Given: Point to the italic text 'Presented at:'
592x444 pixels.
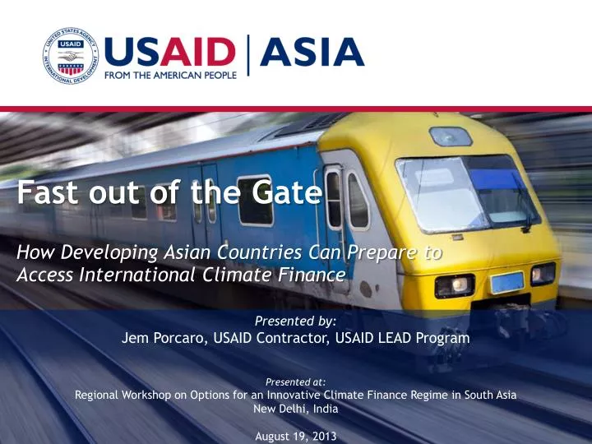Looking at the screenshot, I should point(296,382).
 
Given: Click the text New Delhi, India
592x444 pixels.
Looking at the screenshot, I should point(296,408).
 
